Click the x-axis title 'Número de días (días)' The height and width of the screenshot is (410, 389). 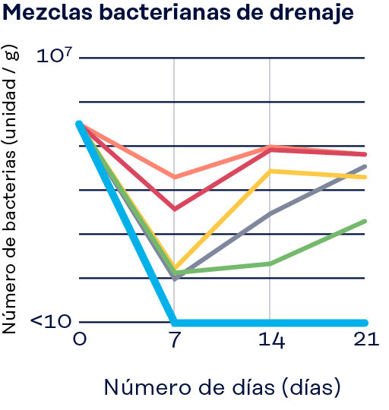pos(221,387)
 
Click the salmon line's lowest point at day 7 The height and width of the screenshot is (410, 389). pos(175,177)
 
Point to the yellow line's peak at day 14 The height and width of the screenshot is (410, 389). pos(270,171)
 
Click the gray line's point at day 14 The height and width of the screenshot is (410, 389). pos(270,214)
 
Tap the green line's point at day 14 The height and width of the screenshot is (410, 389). pos(270,263)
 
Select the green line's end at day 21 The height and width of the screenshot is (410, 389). pos(365,221)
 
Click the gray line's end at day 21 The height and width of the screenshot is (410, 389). pos(365,166)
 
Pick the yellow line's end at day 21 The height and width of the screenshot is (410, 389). pos(365,177)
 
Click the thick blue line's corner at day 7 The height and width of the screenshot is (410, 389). pos(175,322)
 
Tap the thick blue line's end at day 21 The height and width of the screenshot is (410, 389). pos(365,323)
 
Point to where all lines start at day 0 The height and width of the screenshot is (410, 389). pos(79,124)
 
